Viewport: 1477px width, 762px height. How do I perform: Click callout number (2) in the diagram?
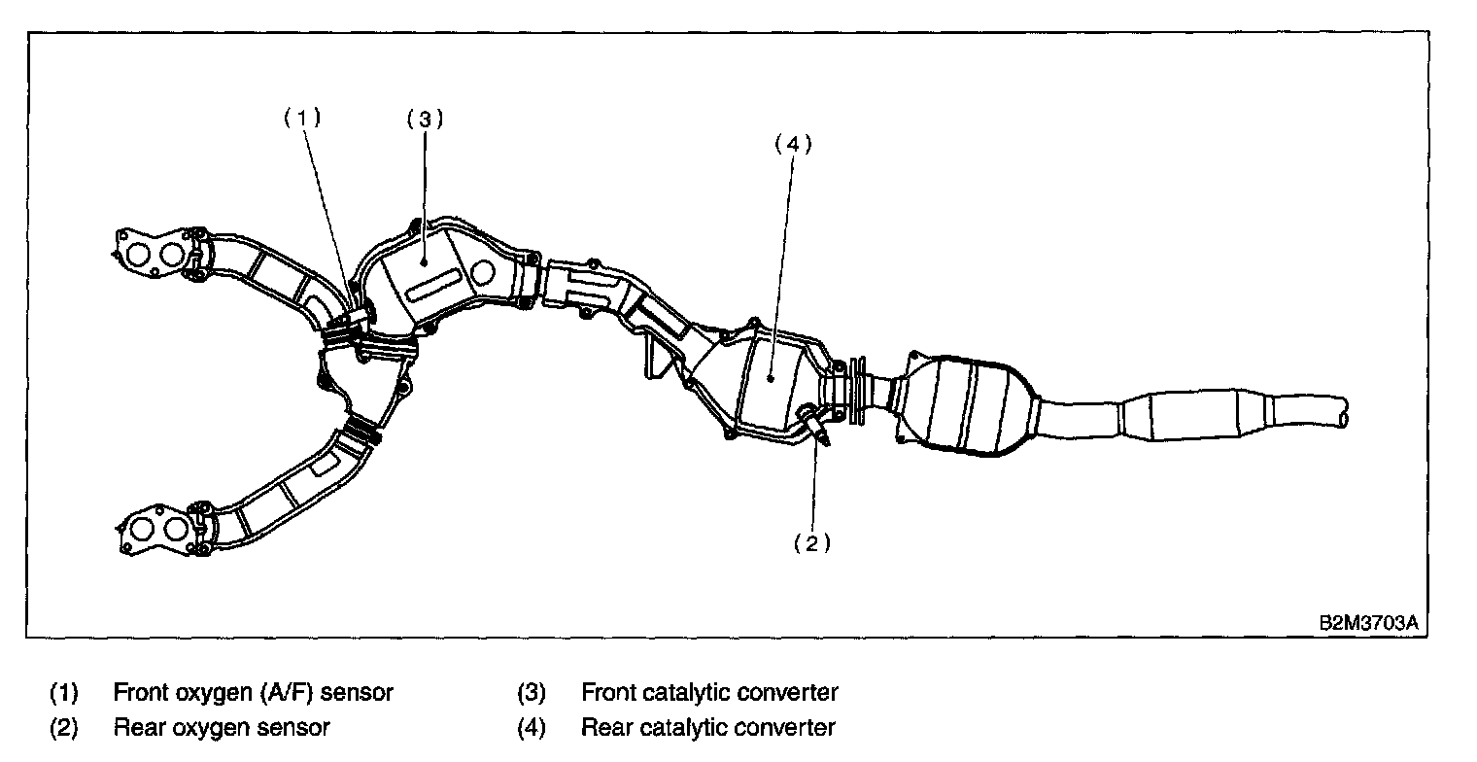(812, 543)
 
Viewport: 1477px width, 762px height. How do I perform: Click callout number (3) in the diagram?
(425, 120)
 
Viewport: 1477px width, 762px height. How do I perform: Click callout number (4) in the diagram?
(792, 143)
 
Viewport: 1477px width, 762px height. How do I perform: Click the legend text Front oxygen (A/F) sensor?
(253, 693)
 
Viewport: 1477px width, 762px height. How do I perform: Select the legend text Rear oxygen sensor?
(222, 727)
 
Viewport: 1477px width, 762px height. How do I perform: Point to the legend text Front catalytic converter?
(709, 693)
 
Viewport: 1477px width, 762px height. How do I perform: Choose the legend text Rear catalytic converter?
(707, 727)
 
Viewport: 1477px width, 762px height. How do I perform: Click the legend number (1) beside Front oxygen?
(63, 693)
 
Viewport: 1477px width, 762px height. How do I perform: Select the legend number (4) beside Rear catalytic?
(531, 727)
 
